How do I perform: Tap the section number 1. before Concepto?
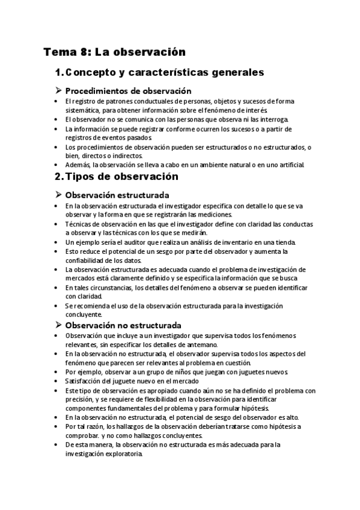[59, 73]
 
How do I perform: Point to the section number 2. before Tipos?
[59, 177]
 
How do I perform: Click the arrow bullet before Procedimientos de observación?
[58, 91]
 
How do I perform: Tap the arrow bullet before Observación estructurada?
[58, 195]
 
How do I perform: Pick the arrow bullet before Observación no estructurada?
[58, 325]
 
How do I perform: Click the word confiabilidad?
[87, 260]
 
